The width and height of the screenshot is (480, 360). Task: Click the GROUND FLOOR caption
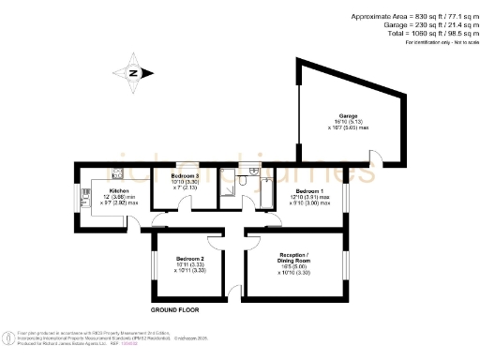coord(179,308)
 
